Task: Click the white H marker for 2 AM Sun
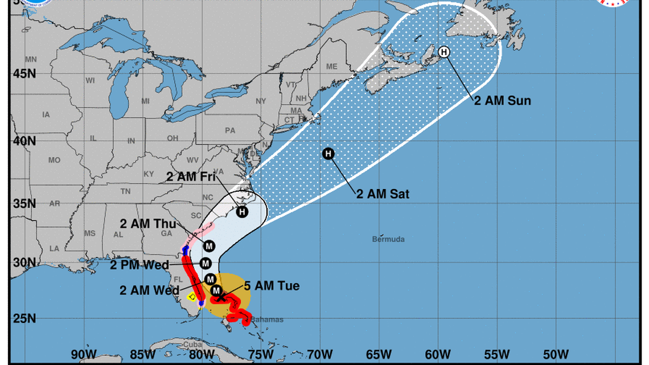pyautogui.click(x=444, y=52)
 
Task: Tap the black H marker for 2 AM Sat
pyautogui.click(x=328, y=153)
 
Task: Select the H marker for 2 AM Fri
pyautogui.click(x=243, y=212)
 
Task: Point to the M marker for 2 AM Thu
pyautogui.click(x=209, y=246)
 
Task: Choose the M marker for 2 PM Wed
pyautogui.click(x=206, y=264)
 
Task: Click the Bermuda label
pyautogui.click(x=388, y=239)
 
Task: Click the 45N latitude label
pyautogui.click(x=24, y=73)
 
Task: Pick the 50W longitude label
pyautogui.click(x=556, y=353)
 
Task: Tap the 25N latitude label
pyautogui.click(x=24, y=318)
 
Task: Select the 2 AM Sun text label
pyautogui.click(x=503, y=101)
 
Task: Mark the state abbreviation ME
pyautogui.click(x=332, y=67)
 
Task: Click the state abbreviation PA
pyautogui.click(x=230, y=130)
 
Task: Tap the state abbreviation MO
pyautogui.click(x=54, y=161)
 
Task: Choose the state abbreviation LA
pyautogui.click(x=54, y=248)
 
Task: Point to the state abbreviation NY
pyautogui.click(x=261, y=101)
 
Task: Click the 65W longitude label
pyautogui.click(x=378, y=353)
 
